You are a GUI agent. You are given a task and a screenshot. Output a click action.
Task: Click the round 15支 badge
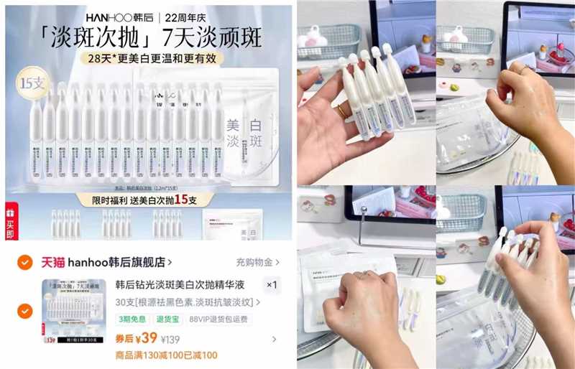click(31, 83)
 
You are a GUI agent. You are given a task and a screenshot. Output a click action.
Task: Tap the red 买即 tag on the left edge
click(10, 223)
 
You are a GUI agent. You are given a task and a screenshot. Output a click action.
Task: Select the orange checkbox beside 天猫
click(24, 262)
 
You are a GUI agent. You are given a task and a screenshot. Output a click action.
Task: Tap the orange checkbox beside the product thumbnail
click(24, 311)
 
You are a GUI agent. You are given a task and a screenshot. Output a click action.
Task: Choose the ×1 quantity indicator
click(272, 285)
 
